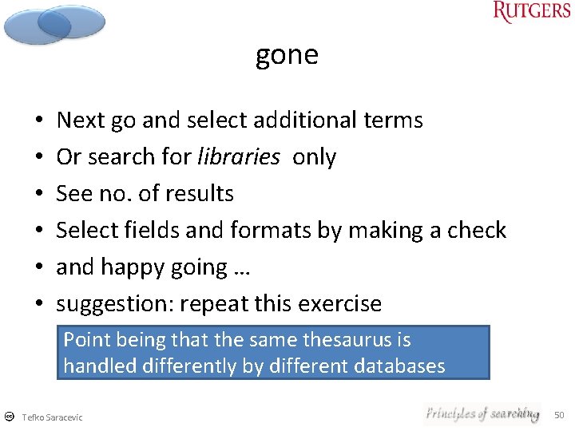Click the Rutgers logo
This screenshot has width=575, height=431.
point(532,11)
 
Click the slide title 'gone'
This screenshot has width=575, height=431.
point(287,55)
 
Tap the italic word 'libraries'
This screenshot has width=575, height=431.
point(238,157)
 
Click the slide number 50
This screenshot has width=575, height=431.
point(559,415)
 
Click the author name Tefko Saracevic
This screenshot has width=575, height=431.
point(52,417)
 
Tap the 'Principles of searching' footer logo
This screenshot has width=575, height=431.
point(482,413)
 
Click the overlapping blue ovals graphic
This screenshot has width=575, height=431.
point(54,25)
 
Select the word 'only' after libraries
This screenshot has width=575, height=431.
point(315,157)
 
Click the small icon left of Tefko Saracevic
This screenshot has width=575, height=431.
point(9,417)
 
